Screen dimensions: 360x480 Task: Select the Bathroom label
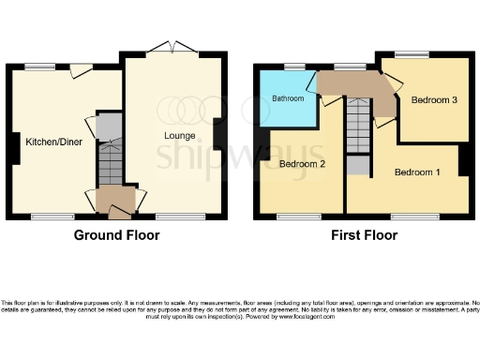[288, 97]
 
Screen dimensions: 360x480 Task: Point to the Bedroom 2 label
[301, 164]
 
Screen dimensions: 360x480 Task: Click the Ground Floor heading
[116, 235]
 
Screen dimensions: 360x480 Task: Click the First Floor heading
[361, 235]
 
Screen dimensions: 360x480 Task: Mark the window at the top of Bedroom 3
[410, 54]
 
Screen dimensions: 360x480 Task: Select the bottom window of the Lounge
[174, 217]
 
